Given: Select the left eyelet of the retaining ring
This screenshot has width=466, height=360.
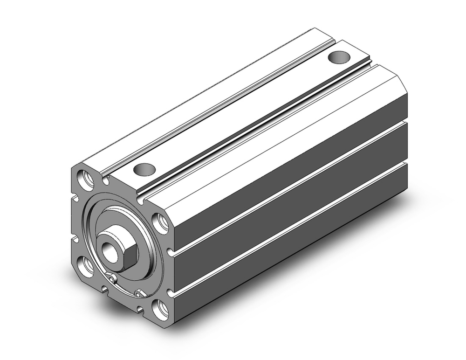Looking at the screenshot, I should (x=111, y=278).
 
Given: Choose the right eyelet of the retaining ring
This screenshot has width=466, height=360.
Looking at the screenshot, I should (x=138, y=293).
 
